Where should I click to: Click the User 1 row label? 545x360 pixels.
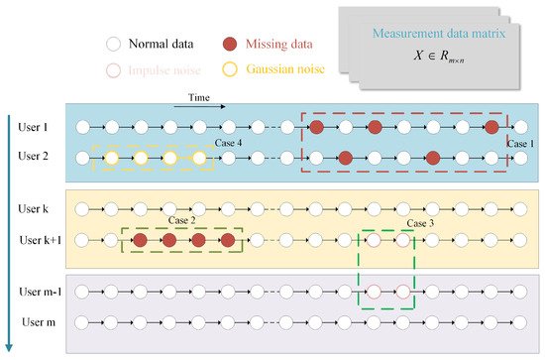(x=33, y=128)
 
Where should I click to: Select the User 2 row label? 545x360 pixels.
(x=33, y=157)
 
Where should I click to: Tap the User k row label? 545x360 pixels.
(x=33, y=210)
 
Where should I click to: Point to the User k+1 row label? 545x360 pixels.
(x=37, y=239)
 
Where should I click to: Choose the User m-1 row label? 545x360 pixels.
(x=38, y=293)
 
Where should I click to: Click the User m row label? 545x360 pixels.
(x=34, y=321)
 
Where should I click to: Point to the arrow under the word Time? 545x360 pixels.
(x=205, y=106)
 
